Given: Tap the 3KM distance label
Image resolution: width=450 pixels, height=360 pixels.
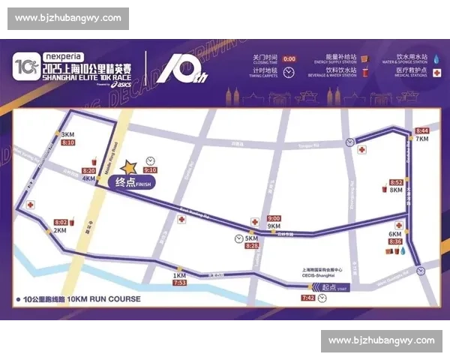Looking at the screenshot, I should click(67, 134).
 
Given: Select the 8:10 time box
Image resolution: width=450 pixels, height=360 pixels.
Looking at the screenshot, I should click(68, 142).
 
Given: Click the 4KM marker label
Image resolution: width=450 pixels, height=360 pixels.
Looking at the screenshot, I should click(89, 179).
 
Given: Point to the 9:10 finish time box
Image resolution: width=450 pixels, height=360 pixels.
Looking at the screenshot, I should click(150, 170).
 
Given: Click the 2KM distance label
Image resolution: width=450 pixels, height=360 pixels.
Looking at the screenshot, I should click(59, 230).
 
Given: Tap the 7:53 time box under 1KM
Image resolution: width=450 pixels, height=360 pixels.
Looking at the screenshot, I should click(180, 283).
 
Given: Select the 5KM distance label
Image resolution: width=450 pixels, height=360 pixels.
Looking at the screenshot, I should click(252, 238).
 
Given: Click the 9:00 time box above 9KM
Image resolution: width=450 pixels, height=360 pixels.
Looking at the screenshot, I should click(274, 218).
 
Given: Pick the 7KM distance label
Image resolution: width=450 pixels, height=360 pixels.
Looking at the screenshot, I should click(421, 139).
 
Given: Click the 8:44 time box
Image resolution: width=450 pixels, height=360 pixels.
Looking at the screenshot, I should click(421, 130).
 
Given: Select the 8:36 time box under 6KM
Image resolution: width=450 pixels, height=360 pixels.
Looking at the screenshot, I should click(395, 241).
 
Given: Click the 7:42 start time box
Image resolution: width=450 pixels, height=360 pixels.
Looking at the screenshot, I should click(307, 298).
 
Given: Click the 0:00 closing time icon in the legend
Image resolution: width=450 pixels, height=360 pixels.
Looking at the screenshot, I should click(289, 58).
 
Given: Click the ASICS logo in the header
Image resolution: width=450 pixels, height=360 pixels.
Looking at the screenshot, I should click(120, 84).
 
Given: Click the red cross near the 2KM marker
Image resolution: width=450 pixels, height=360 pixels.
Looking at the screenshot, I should click(31, 205).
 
